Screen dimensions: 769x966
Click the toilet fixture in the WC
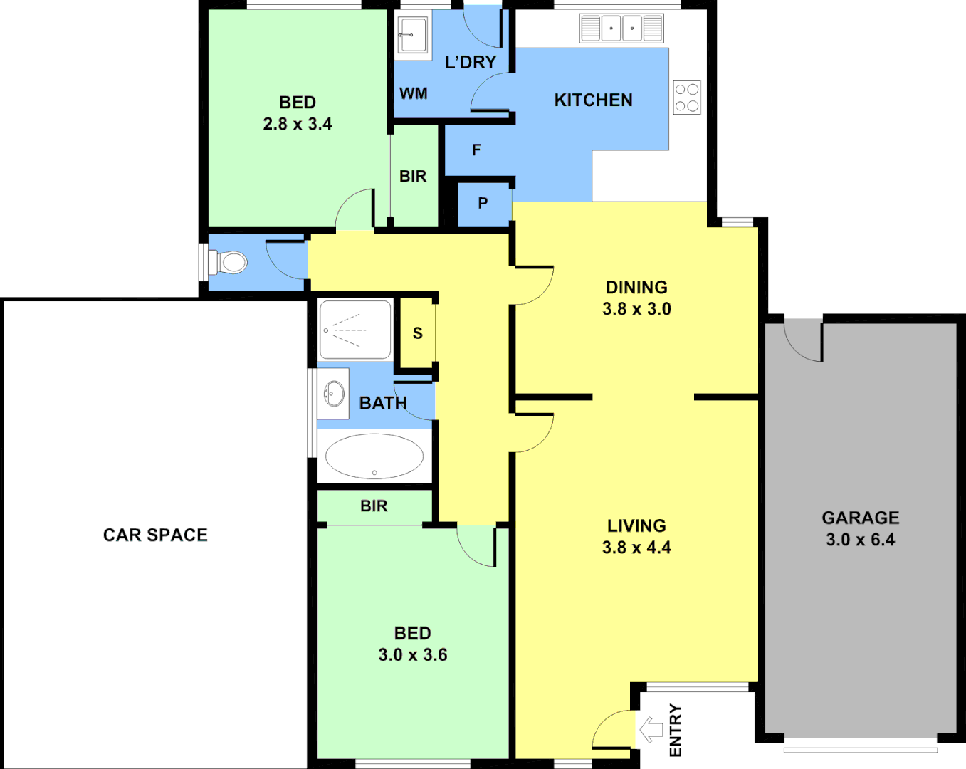pyautogui.click(x=229, y=262)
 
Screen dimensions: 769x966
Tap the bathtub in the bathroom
pyautogui.click(x=374, y=456)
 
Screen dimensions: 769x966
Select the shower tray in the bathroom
pyautogui.click(x=355, y=330)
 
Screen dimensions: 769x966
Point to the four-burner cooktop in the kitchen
pyautogui.click(x=687, y=98)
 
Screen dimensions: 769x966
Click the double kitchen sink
pyautogui.click(x=621, y=28)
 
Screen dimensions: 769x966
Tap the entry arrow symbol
pyautogui.click(x=651, y=730)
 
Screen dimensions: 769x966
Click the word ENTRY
pyautogui.click(x=676, y=731)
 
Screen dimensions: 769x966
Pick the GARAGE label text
pyautogui.click(x=860, y=518)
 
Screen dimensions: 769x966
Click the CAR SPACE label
pyautogui.click(x=155, y=535)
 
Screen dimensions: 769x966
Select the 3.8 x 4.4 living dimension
pyautogui.click(x=636, y=548)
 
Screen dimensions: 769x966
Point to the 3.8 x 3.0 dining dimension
pyautogui.click(x=636, y=309)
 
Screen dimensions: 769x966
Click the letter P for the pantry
pyautogui.click(x=483, y=204)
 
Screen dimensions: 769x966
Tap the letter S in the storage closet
pyautogui.click(x=417, y=333)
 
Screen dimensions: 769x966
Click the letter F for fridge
pyautogui.click(x=476, y=150)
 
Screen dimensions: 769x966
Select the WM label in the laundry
pyautogui.click(x=414, y=93)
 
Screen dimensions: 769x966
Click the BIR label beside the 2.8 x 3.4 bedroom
pyautogui.click(x=413, y=176)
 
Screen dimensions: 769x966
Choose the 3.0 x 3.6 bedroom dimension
pyautogui.click(x=413, y=655)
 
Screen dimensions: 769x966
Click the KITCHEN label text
pyautogui.click(x=593, y=100)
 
